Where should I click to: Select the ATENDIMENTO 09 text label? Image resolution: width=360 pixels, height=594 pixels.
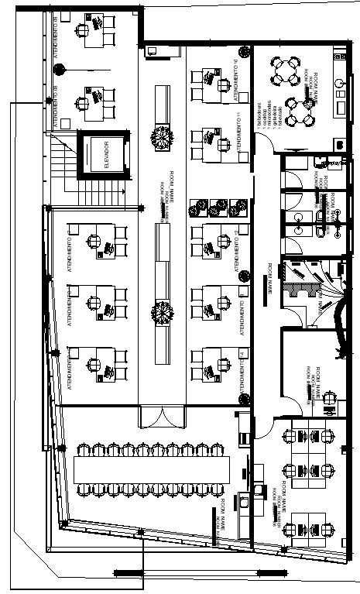coord(58,31)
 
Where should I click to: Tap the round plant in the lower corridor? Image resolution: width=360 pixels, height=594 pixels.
coord(162,313)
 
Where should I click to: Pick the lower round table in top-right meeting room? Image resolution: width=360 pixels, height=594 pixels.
coord(297,111)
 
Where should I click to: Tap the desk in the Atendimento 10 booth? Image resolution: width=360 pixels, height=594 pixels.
coord(207,79)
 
